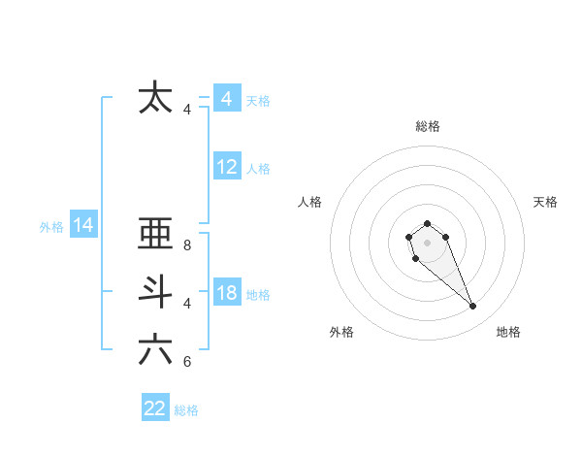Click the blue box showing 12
[227, 167]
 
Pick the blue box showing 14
[83, 226]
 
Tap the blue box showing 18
[227, 293]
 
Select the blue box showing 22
[155, 408]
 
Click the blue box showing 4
[226, 99]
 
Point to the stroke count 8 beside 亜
[187, 245]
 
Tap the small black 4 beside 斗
[187, 303]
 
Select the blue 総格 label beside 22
[186, 410]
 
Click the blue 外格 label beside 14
[51, 227]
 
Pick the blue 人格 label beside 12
[258, 169]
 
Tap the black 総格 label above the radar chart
[428, 126]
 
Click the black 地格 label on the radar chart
[508, 332]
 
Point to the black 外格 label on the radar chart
[341, 332]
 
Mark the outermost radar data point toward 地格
[473, 307]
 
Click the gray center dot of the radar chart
[427, 242]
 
